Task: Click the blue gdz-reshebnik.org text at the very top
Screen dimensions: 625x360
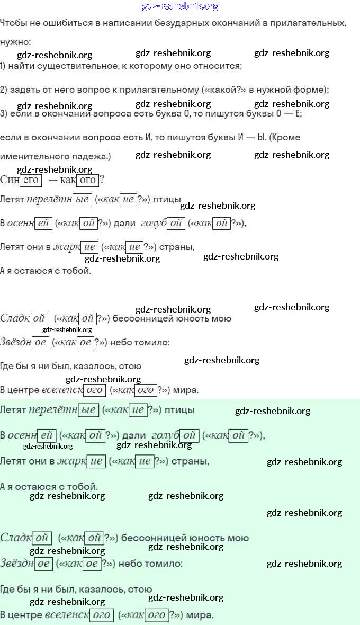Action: pyautogui.click(x=180, y=6)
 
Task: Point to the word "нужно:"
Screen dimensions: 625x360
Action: pyautogui.click(x=15, y=42)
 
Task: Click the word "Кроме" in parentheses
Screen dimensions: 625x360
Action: pyautogui.click(x=287, y=137)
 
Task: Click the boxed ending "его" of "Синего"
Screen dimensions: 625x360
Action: pyautogui.click(x=31, y=180)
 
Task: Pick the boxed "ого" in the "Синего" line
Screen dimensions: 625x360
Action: pyautogui.click(x=88, y=180)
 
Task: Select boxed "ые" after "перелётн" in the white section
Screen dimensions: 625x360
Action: pyautogui.click(x=82, y=200)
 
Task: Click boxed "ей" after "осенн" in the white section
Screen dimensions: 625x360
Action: pyautogui.click(x=43, y=223)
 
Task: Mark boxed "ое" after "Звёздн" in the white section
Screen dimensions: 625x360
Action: pyautogui.click(x=40, y=342)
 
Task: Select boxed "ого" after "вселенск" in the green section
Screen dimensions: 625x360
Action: pyautogui.click(x=101, y=615)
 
